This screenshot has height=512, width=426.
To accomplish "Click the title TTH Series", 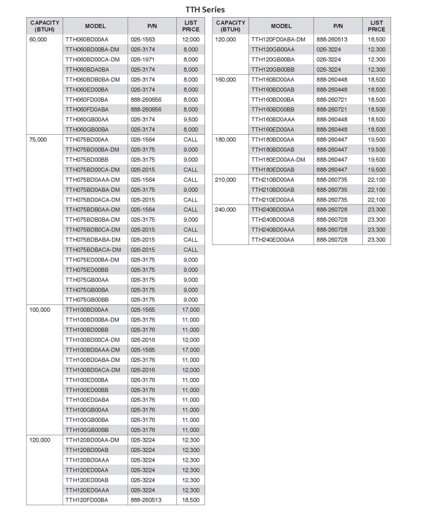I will pos(205,9).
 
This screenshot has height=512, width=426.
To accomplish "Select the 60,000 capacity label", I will pos(38,39).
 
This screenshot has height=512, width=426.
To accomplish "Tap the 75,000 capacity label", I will pos(38,140).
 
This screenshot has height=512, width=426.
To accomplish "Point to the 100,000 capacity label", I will pos(40,310).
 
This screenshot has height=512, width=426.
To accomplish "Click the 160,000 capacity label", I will pos(226,80).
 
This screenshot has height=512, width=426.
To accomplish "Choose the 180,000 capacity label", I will pos(226,140).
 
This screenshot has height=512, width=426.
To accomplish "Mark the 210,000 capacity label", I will pos(226,180).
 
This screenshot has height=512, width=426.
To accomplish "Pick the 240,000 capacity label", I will pos(226,210).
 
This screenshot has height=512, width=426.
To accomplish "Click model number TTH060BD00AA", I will pos(86,39).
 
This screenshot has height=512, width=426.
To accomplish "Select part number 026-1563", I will pos(143,39).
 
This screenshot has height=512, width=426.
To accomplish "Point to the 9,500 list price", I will pos(190,119).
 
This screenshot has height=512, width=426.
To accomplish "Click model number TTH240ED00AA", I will pos(272,240).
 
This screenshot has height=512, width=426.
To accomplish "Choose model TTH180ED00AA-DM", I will pos(278,160).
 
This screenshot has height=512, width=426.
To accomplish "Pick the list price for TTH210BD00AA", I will pos(376,180).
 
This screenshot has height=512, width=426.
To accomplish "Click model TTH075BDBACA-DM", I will pos(93,250).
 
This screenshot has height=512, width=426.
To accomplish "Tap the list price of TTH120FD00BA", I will pos(190,500).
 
